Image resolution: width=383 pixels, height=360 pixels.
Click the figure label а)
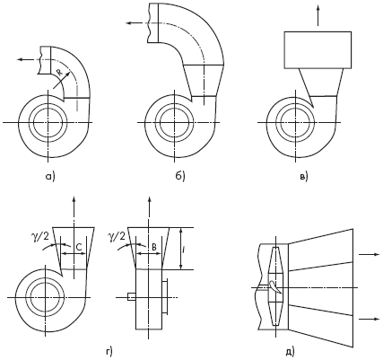point(50,177)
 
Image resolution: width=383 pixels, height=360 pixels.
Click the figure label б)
point(180,177)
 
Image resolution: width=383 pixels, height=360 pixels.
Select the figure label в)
point(303,177)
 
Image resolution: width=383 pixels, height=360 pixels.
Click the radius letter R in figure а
point(59,73)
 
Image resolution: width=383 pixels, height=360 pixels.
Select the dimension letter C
point(78,247)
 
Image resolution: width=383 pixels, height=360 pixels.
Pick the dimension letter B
point(154,247)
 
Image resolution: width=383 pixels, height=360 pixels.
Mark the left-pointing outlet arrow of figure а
point(28,59)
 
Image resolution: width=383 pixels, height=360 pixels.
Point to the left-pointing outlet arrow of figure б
point(136,23)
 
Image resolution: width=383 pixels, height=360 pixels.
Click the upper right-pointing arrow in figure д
point(370,254)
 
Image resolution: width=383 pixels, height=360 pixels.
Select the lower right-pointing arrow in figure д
point(370,319)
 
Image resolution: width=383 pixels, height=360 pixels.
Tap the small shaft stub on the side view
point(132,297)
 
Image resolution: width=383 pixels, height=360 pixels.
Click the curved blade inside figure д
point(275,286)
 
